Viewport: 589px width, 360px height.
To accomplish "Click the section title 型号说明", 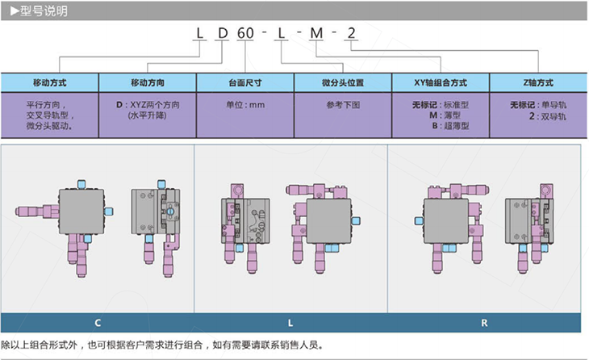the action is click(44, 11).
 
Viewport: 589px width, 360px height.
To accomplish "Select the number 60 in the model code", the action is click(245, 33).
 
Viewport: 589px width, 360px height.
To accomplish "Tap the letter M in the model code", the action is click(316, 33).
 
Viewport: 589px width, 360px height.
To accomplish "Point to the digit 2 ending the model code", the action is click(351, 33).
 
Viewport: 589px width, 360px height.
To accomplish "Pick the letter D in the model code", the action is click(223, 33).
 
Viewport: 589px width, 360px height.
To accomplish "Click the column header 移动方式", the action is click(49, 82).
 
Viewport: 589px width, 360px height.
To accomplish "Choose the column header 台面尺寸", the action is click(245, 82).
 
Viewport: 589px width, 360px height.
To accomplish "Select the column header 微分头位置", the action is click(343, 82).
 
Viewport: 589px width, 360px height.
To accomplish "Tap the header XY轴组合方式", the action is click(441, 82).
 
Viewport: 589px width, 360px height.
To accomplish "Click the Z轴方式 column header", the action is click(538, 82).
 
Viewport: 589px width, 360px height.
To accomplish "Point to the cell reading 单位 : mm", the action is click(245, 105).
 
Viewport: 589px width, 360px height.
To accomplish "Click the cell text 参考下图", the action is click(343, 105).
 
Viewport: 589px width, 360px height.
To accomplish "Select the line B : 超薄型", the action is click(450, 126).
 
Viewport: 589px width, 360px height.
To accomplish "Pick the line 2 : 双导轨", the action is click(547, 116).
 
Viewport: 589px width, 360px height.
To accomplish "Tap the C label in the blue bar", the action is click(98, 323).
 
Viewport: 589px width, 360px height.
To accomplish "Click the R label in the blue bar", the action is click(484, 323).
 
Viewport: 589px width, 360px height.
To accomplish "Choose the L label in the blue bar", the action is click(290, 323).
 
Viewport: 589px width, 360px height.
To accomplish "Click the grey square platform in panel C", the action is click(81, 211).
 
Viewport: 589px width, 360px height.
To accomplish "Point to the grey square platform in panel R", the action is click(446, 221).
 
